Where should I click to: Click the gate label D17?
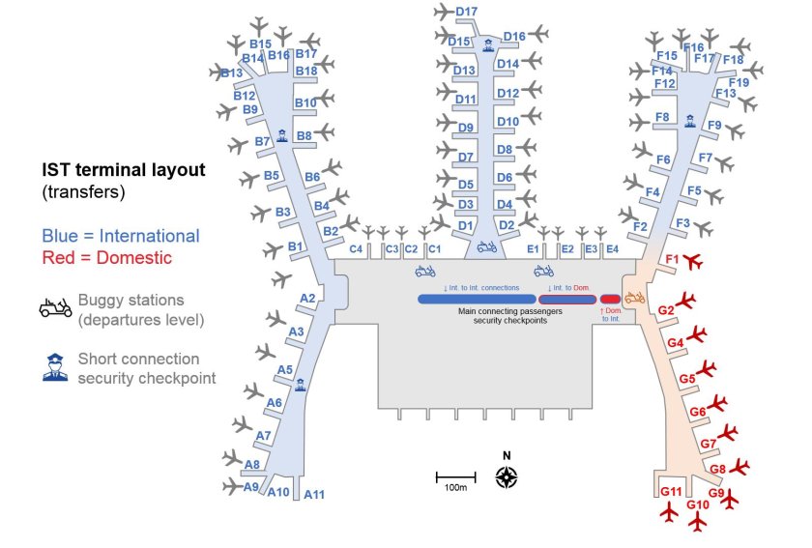tap(467, 13)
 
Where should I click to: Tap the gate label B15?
tap(260, 43)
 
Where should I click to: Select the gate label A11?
tap(314, 496)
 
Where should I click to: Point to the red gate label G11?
tap(672, 492)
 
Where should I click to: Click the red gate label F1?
tap(673, 259)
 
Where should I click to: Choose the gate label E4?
tap(612, 249)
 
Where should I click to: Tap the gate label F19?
tap(739, 83)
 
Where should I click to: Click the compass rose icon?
tap(507, 476)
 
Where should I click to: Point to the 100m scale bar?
tap(455, 476)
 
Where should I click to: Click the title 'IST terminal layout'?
tap(123, 170)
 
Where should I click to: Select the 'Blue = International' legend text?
tap(121, 236)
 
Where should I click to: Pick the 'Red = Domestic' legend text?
tap(106, 258)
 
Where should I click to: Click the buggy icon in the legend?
tap(56, 308)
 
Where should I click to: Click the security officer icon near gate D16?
tap(488, 43)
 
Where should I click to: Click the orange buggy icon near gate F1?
tap(635, 298)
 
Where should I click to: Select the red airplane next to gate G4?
tap(698, 335)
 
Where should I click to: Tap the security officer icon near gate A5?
tap(300, 384)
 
